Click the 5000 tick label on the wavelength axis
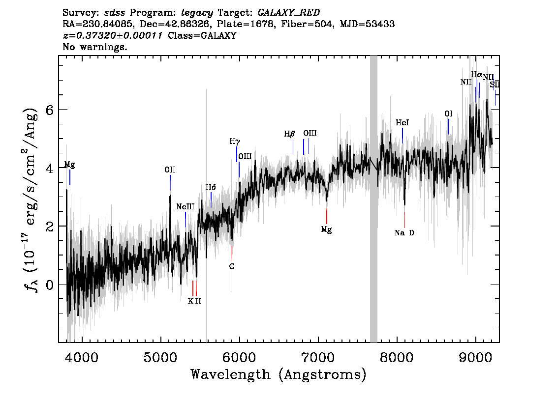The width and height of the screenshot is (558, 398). [x=160, y=356]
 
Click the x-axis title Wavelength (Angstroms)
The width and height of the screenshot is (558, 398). [x=279, y=375]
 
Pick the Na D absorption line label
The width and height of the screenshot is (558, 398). [x=404, y=233]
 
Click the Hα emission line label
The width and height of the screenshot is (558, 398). [x=476, y=75]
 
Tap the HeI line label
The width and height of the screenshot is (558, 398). [x=403, y=123]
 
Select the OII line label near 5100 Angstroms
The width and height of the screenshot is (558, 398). [x=170, y=170]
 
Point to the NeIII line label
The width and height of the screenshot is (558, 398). [x=186, y=207]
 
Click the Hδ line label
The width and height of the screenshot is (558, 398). [x=211, y=187]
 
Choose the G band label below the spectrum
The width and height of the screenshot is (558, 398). [x=232, y=267]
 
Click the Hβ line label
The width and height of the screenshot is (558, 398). [x=289, y=134]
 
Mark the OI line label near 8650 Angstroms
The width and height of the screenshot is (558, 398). [x=448, y=114]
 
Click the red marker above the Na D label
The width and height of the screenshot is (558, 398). [x=404, y=219]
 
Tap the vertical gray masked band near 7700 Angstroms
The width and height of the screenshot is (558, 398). [x=373, y=199]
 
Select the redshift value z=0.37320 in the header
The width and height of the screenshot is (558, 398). [x=113, y=35]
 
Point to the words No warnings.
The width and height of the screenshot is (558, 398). [x=95, y=47]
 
